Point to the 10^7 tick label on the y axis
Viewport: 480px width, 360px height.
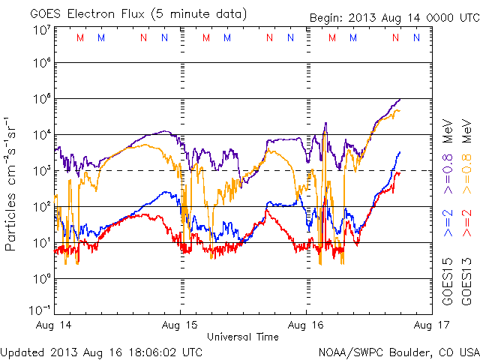pyautogui.click(x=42, y=29)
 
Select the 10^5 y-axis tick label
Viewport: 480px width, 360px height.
pyautogui.click(x=42, y=101)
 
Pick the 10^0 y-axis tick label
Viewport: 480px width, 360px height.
pyautogui.click(x=42, y=281)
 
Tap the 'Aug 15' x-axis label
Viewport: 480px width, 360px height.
pyautogui.click(x=181, y=325)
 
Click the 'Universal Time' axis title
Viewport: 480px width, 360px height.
pyautogui.click(x=243, y=337)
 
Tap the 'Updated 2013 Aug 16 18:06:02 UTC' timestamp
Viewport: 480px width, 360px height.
pyautogui.click(x=101, y=351)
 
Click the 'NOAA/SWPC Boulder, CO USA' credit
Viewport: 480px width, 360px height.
pyautogui.click(x=398, y=351)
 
